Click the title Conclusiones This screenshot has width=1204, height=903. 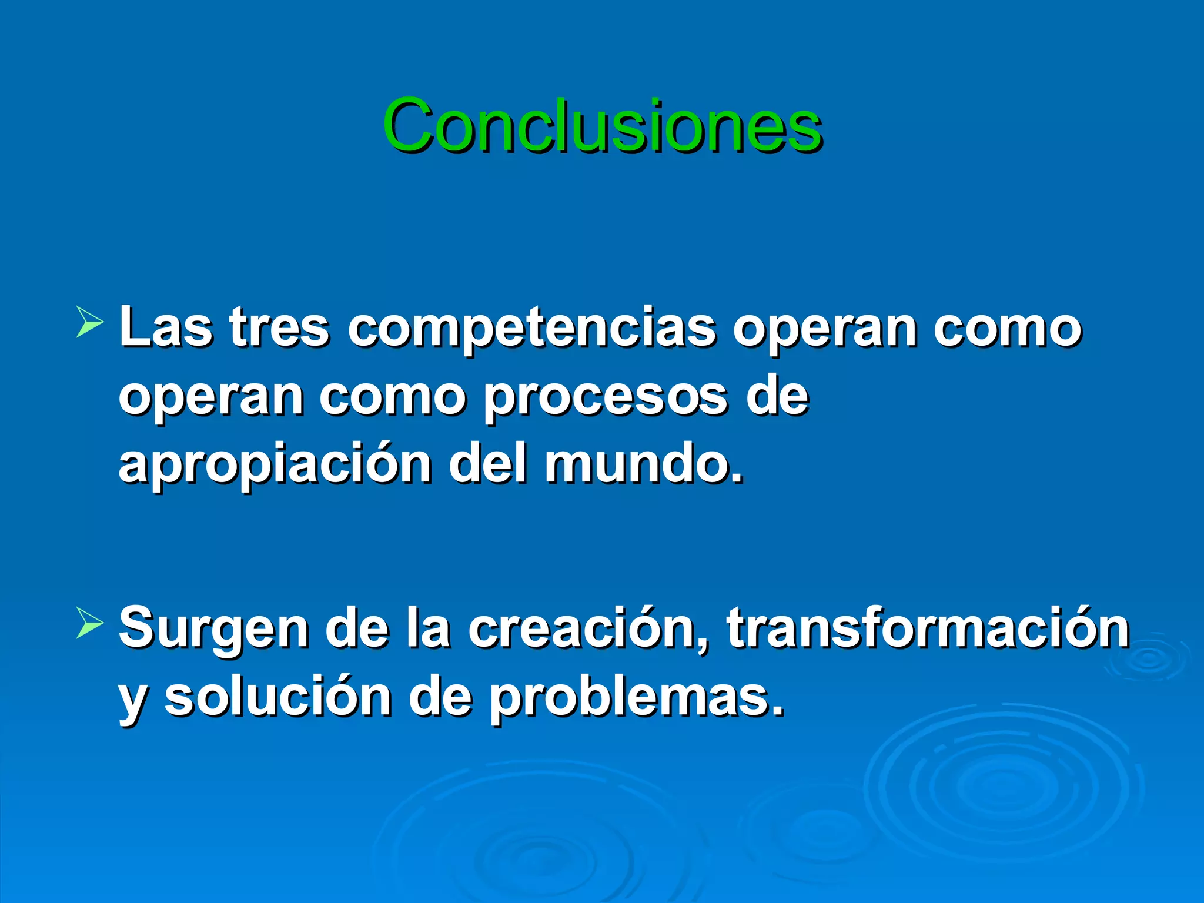[602, 126]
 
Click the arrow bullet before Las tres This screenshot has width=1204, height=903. [89, 325]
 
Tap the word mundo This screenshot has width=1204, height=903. [643, 464]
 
